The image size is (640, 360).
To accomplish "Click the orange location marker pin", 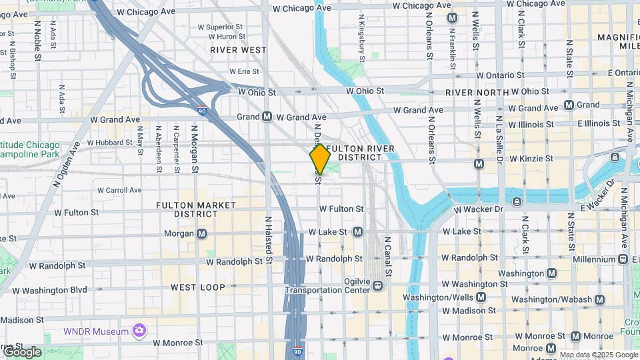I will [320, 159].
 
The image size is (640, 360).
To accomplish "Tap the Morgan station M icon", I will [201, 233].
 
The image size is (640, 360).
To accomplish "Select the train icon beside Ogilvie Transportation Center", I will [378, 286].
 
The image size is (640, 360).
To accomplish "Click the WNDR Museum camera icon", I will [139, 330].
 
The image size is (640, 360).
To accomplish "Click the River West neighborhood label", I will [238, 50].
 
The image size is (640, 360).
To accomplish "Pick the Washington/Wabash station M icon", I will [600, 299].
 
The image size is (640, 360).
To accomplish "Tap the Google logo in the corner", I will [21, 351].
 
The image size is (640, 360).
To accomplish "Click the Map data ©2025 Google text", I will [599, 355].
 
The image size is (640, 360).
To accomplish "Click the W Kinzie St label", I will [531, 159].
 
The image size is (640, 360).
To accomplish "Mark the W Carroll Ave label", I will [119, 190].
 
